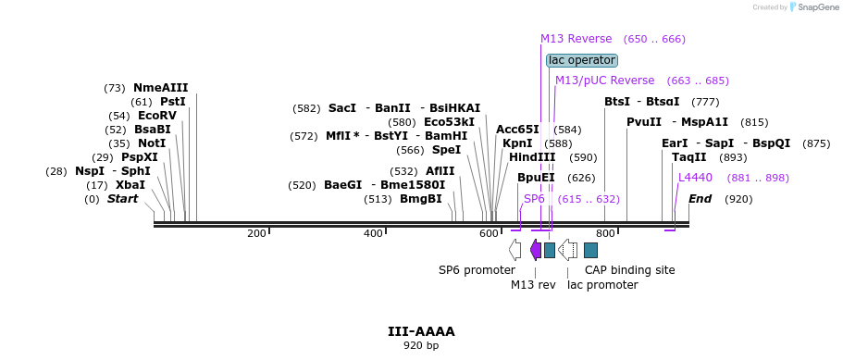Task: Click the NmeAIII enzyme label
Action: pyautogui.click(x=161, y=88)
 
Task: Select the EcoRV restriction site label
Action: pyautogui.click(x=157, y=116)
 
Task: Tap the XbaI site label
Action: pyautogui.click(x=130, y=185)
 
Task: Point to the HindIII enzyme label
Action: pyautogui.click(x=532, y=157)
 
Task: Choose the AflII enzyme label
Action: pyautogui.click(x=440, y=171)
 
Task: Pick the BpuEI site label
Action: pyautogui.click(x=536, y=178)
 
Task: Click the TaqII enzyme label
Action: pyautogui.click(x=688, y=157)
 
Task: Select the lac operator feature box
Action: pyautogui.click(x=582, y=60)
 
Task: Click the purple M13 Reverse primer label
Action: pyautogui.click(x=576, y=39)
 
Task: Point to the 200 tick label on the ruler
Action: pyautogui.click(x=256, y=233)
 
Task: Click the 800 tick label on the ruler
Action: pyautogui.click(x=605, y=233)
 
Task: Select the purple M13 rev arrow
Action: pyautogui.click(x=536, y=250)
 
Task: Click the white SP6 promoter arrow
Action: pyautogui.click(x=515, y=250)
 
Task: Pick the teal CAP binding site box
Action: pyautogui.click(x=591, y=250)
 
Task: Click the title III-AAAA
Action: pyautogui.click(x=421, y=331)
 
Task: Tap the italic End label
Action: pyautogui.click(x=700, y=199)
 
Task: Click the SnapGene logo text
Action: pyautogui.click(x=819, y=7)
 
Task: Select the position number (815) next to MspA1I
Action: pyautogui.click(x=754, y=122)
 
